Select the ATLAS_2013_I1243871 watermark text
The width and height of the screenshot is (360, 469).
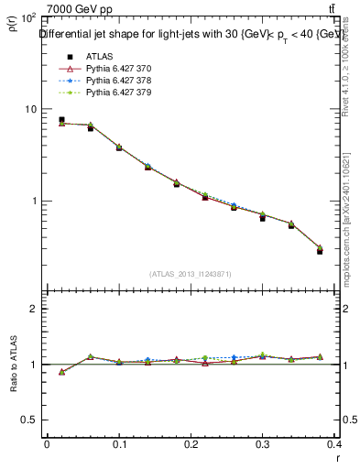tap(191, 274)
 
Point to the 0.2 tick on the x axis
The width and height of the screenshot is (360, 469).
tap(191, 443)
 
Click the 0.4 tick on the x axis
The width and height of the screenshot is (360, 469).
tap(336, 443)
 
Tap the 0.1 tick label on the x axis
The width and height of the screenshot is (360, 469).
tap(119, 443)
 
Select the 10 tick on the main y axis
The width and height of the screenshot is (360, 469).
tap(30, 109)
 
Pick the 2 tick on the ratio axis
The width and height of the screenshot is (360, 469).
tap(33, 309)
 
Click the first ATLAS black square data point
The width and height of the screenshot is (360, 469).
tap(61, 119)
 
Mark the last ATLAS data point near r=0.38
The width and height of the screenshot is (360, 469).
tap(320, 251)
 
